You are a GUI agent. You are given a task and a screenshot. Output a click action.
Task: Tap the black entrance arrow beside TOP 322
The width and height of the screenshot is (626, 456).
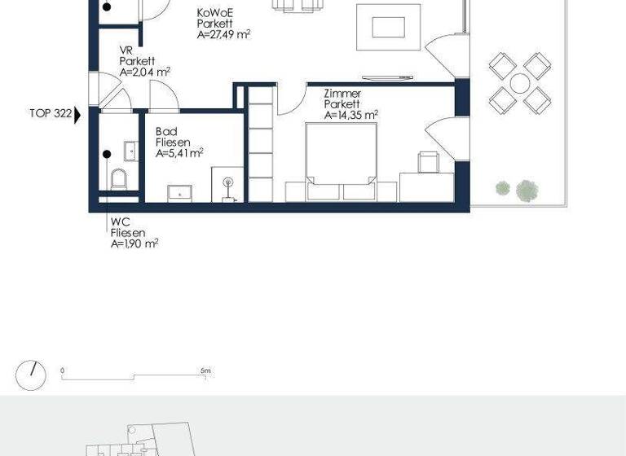click(x=78, y=116)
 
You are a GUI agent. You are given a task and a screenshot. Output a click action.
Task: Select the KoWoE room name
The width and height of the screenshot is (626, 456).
click(x=214, y=14)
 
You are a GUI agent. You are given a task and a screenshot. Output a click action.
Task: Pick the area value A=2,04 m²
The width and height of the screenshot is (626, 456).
click(x=144, y=72)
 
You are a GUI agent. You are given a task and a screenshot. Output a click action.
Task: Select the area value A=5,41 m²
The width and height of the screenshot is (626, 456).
click(x=179, y=152)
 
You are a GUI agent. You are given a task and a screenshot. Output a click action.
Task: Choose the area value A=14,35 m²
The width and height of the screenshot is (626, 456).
click(x=351, y=116)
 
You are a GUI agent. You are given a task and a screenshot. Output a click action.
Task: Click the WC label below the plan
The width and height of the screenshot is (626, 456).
click(x=119, y=221)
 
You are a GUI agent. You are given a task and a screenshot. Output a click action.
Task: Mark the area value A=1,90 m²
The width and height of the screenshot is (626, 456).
click(x=134, y=243)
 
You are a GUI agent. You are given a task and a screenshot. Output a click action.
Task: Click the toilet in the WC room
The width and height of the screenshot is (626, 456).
click(x=119, y=178)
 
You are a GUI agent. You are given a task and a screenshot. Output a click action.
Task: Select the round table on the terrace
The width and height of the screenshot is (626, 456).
click(x=519, y=83)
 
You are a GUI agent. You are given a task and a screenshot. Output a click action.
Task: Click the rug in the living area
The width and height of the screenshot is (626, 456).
click(x=388, y=27)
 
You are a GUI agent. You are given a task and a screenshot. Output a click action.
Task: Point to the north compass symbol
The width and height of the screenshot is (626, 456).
click(x=32, y=373)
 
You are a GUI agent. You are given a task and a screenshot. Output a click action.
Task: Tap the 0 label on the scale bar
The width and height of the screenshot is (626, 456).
click(x=63, y=370)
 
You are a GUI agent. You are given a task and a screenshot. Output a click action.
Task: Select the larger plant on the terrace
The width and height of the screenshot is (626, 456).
click(x=527, y=191)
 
